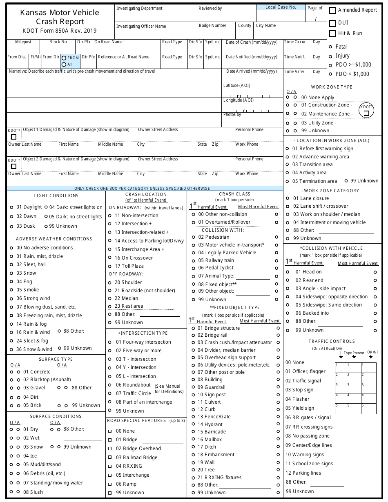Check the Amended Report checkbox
[x=333, y=10]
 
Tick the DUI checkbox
[x=333, y=23]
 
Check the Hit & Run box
[x=333, y=33]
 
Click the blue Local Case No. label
[x=281, y=7]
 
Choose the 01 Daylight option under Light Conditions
[x=11, y=207]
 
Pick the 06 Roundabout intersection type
[x=110, y=385]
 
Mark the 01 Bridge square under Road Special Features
[x=110, y=440]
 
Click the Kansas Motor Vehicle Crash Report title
[x=60, y=17]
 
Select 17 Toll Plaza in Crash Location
[x=110, y=266]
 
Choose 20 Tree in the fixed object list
[x=193, y=470]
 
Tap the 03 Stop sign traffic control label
[x=299, y=390]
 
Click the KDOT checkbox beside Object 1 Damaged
[x=14, y=137]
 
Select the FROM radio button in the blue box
[x=64, y=58]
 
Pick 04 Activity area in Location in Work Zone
[x=287, y=173]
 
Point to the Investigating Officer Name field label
[x=141, y=26]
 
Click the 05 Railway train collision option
[x=193, y=260]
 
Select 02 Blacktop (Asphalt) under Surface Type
[x=11, y=380]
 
